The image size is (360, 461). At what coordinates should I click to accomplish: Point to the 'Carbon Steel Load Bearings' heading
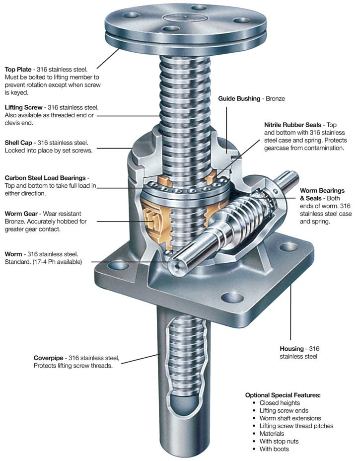46,177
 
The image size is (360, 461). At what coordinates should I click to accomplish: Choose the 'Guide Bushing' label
239,98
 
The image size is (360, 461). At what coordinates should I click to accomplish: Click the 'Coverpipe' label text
50,358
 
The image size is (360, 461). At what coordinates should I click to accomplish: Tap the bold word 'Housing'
291,348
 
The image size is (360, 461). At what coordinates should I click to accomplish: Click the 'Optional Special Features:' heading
283,395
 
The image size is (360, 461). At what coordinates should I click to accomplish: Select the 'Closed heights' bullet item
280,403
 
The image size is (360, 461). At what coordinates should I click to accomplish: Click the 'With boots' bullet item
274,449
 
